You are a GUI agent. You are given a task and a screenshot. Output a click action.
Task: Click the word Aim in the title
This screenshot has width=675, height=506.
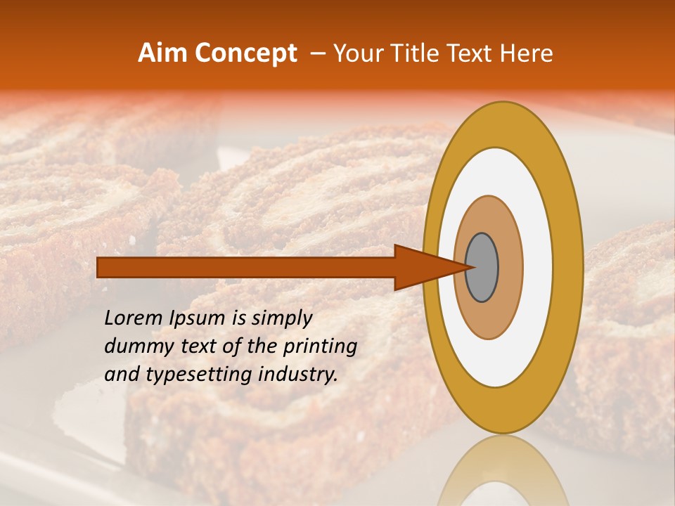[x=163, y=53]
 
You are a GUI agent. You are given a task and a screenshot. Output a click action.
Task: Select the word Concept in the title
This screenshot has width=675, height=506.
[x=245, y=53]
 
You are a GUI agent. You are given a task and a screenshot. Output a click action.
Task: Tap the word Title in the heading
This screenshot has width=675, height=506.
[x=422, y=53]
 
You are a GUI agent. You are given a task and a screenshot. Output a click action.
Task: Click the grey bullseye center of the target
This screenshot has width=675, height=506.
[x=482, y=267]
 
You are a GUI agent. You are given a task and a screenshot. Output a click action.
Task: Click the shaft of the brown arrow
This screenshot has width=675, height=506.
[x=246, y=267]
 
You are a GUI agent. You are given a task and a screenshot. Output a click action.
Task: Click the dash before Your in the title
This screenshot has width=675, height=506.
[x=317, y=53]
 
